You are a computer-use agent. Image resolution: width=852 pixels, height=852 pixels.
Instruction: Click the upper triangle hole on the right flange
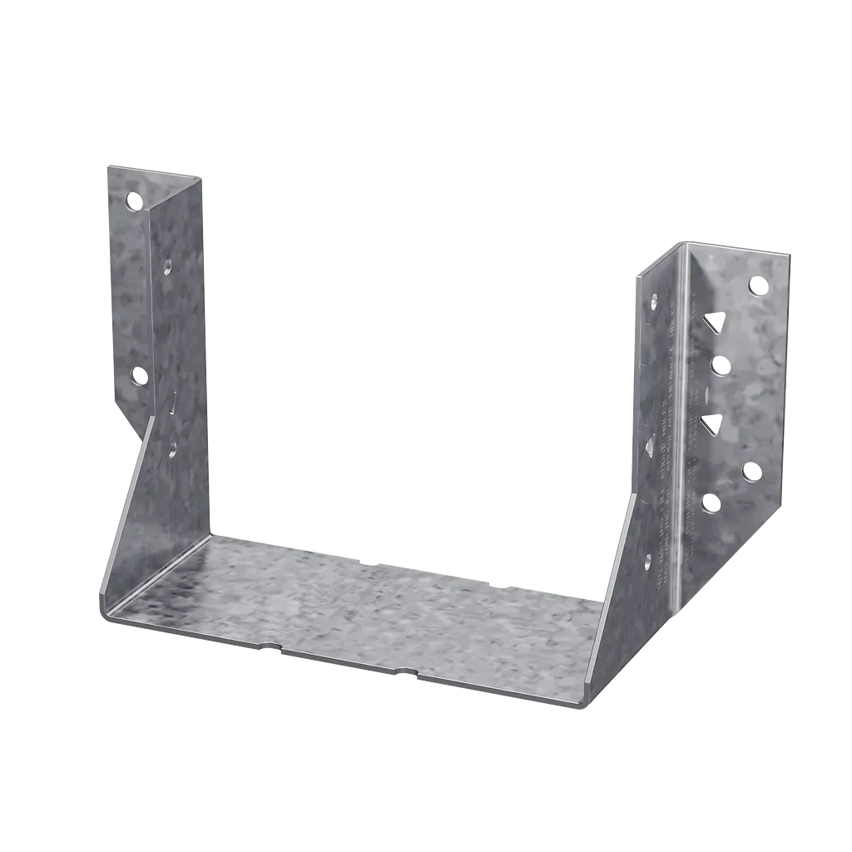click(x=713, y=322)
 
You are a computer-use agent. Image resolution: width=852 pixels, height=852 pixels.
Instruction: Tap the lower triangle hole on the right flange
click(x=711, y=424)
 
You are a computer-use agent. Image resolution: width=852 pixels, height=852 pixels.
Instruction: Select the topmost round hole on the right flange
click(x=758, y=286)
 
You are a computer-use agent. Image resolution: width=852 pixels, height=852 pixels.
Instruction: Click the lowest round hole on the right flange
click(x=711, y=502)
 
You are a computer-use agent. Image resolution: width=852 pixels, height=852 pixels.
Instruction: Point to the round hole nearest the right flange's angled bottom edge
click(x=751, y=472)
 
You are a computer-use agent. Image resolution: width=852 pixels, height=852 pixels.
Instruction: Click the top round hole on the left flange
click(x=134, y=201)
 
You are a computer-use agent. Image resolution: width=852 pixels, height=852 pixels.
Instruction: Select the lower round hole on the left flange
click(x=139, y=376)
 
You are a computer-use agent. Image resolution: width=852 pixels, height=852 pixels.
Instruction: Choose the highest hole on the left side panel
click(x=167, y=267)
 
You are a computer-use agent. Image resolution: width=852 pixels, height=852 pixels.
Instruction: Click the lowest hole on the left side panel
click(x=172, y=449)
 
